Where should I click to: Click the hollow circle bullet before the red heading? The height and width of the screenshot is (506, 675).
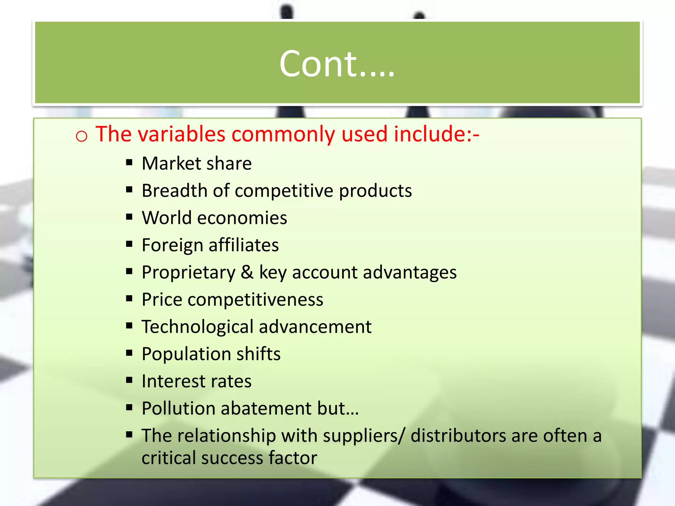pos(81,136)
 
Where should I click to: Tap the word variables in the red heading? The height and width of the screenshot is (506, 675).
pos(181,134)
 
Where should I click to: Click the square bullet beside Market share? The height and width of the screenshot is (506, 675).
pos(129,162)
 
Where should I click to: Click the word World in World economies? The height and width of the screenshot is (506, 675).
pos(166,218)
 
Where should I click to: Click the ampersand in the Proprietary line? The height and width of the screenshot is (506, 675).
pos(247,272)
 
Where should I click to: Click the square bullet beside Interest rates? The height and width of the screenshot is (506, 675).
pos(129,380)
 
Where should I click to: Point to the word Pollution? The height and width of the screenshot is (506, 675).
pos(178,408)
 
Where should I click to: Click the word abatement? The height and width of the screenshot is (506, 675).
pos(266,408)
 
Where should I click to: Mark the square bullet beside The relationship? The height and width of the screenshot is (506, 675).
pos(129,435)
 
